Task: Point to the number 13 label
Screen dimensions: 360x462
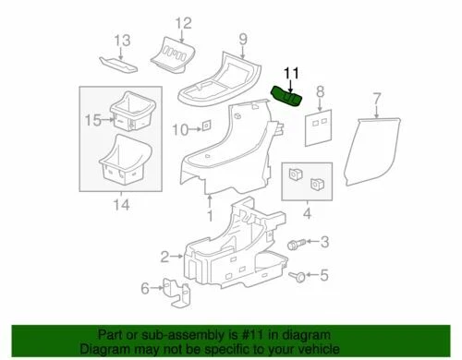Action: click(123, 40)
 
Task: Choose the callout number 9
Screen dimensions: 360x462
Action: click(243, 39)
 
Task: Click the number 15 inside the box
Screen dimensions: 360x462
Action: click(92, 120)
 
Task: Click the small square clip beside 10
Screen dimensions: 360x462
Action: click(208, 125)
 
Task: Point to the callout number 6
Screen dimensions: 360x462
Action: click(144, 289)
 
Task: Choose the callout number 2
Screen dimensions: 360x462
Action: click(164, 256)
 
